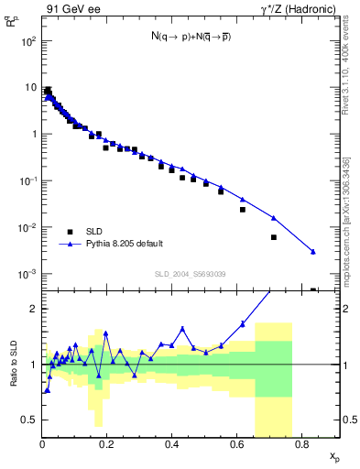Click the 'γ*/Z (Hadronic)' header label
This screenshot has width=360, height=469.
tap(298, 9)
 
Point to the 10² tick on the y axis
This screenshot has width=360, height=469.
tap(28, 41)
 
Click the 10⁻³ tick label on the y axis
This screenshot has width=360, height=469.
tap(27, 274)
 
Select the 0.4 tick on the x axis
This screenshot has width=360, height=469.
tap(171, 445)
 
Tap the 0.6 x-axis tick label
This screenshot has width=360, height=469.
tap(236, 445)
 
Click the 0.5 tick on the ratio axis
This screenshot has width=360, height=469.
tap(29, 420)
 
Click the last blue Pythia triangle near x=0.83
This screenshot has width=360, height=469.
tap(313, 252)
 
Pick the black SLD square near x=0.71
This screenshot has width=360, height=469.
tap(273, 237)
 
